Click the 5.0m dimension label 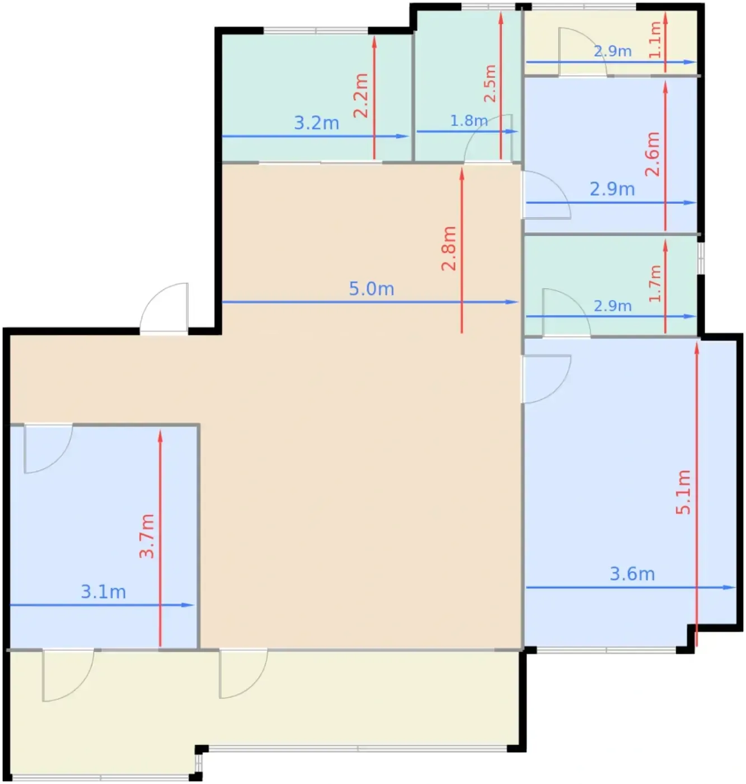coord(372,289)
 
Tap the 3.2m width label coord(316,123)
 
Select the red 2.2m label coord(361,95)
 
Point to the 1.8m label coord(468,120)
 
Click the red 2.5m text coord(490,83)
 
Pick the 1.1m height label coord(655,39)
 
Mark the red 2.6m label coord(653,154)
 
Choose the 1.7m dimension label coord(655,283)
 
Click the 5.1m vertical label coord(683,492)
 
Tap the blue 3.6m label coord(632,574)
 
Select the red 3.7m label coord(146,536)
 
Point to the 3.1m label coord(103,592)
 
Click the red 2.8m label coord(448,249)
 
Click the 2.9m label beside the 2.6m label coord(612,189)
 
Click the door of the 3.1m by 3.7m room coord(48,448)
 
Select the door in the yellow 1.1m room coord(583,52)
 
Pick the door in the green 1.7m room coord(566,312)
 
